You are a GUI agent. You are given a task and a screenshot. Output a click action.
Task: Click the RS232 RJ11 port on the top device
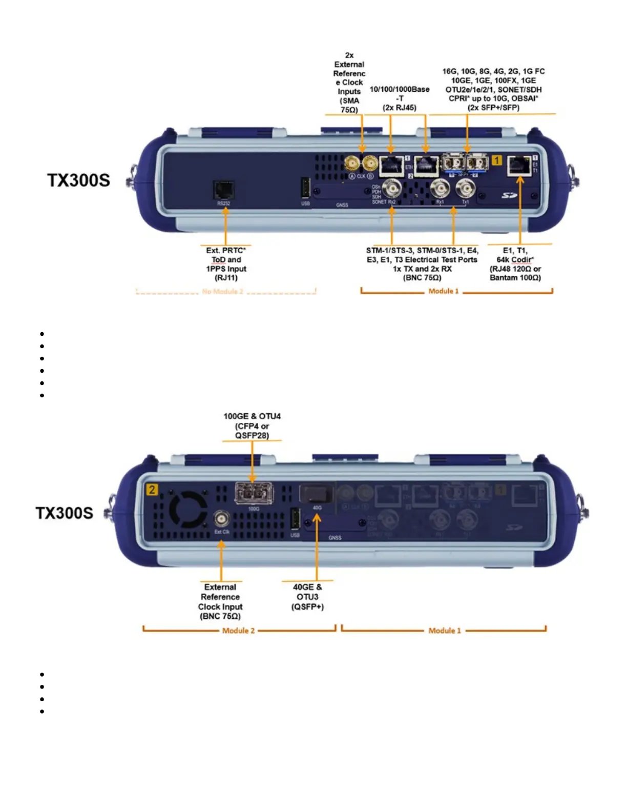[224, 190]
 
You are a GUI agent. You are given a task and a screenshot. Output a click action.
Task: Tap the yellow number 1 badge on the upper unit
[496, 160]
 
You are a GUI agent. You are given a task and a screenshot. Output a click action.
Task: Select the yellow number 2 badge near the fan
[152, 490]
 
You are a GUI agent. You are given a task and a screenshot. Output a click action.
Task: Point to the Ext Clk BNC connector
[221, 519]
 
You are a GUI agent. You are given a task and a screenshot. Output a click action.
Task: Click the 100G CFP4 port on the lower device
[254, 494]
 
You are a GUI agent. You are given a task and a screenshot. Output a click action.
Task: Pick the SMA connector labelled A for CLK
[352, 164]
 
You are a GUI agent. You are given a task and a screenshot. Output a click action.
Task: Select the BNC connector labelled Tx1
[466, 189]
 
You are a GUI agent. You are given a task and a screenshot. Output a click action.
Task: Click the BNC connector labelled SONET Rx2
[392, 188]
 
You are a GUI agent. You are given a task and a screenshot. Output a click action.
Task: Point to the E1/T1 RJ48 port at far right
[519, 165]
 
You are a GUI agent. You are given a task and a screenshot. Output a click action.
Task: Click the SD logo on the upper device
[509, 195]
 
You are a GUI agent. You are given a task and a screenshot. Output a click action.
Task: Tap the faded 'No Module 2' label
[223, 291]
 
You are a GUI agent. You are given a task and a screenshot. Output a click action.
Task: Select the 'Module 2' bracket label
[238, 631]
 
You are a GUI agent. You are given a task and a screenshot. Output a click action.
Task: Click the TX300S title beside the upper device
[78, 180]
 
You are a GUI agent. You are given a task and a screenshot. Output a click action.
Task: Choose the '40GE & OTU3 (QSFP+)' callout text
[307, 597]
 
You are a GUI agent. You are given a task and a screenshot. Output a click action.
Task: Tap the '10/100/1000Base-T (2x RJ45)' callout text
[400, 98]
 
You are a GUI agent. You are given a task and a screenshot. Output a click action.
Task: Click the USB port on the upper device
[305, 188]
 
